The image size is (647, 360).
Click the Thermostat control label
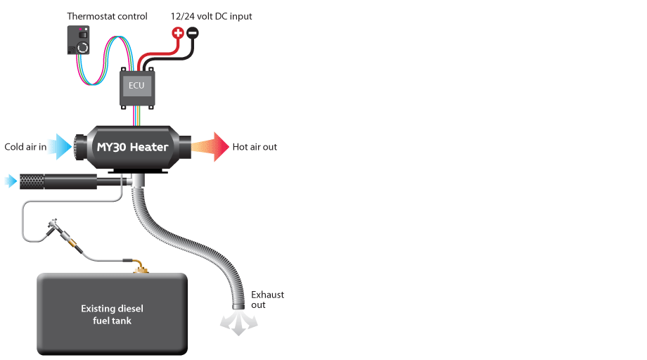click(x=107, y=16)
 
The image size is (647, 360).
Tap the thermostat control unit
click(x=78, y=40)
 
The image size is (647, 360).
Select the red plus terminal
click(x=178, y=32)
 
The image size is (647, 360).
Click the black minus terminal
click(x=192, y=32)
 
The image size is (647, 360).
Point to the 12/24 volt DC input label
click(x=211, y=16)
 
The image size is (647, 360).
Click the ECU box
click(x=137, y=88)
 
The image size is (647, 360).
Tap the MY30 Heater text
click(x=132, y=147)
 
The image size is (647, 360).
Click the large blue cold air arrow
click(x=60, y=146)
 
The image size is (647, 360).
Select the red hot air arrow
click(x=210, y=147)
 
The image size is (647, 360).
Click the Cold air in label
click(x=25, y=147)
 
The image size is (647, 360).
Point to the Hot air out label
click(x=255, y=147)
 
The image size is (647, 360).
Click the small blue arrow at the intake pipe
click(x=11, y=181)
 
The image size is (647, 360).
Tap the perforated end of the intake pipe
click(x=32, y=181)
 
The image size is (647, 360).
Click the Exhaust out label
click(x=267, y=300)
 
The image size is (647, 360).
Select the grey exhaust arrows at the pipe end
click(x=238, y=323)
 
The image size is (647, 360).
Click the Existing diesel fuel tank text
click(x=112, y=314)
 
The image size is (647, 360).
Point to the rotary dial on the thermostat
click(x=83, y=48)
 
